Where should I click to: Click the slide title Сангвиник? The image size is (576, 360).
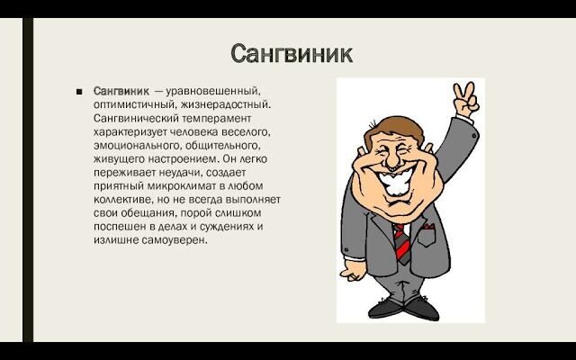[x=292, y=53]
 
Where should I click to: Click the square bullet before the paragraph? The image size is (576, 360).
[x=79, y=92]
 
